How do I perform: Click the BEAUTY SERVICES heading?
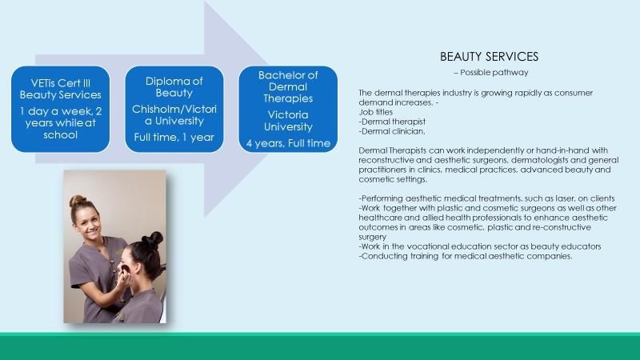pos(489,57)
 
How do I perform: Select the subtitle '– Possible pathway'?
pos(491,73)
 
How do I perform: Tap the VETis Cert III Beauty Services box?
pos(61,109)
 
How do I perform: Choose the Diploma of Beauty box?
pos(174,109)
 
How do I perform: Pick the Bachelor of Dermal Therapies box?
pos(288,109)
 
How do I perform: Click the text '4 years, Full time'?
pos(288,143)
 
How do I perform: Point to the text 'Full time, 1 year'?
pos(174,137)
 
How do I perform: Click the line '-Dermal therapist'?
pos(392,122)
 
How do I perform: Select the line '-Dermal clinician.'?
pos(392,131)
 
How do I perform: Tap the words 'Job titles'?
pos(375,112)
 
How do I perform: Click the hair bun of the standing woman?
pos(78,201)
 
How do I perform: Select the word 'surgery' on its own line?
pos(373,237)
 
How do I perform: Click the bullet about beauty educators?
pos(480,246)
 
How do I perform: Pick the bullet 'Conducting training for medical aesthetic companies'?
pos(466,256)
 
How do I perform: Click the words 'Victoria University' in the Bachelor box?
pos(288,121)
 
